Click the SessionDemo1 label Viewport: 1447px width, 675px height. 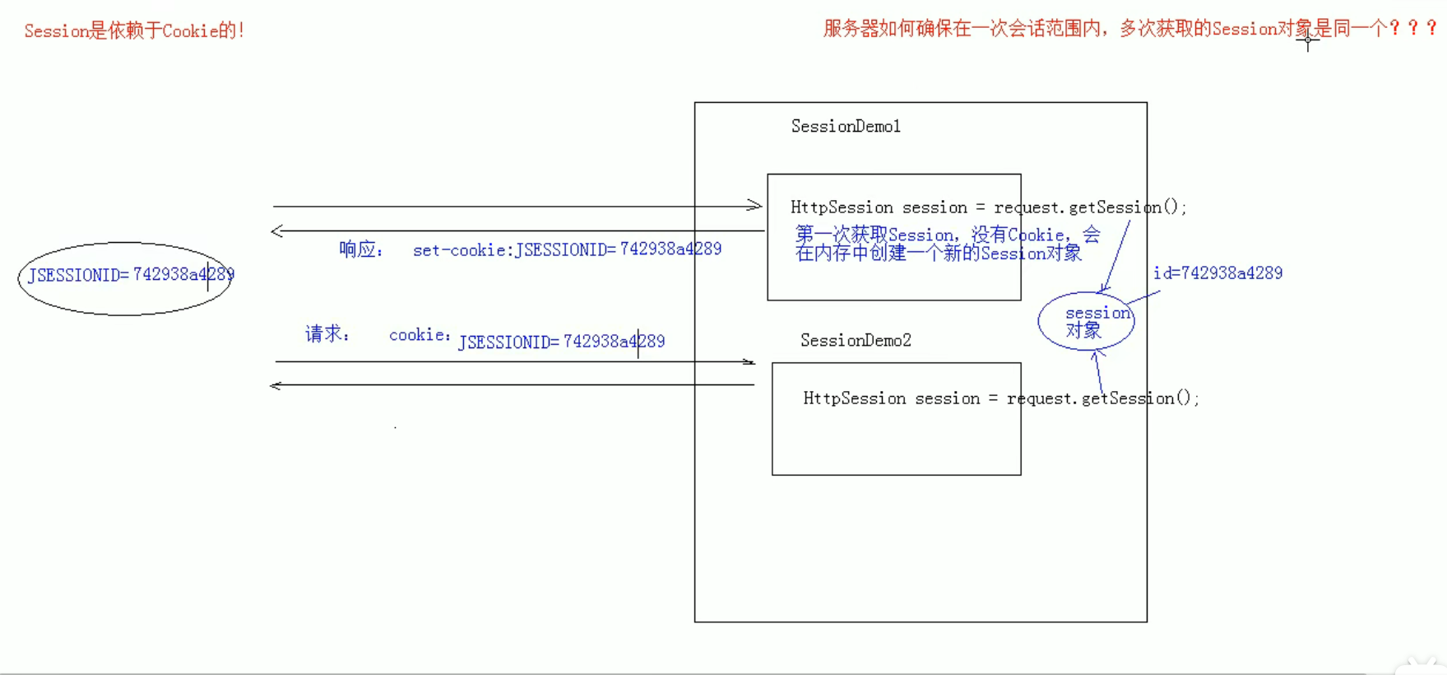click(x=846, y=126)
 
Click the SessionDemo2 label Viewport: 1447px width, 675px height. click(x=856, y=340)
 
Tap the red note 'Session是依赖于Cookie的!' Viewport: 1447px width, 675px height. click(x=134, y=31)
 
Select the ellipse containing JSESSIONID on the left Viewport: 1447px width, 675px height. click(x=125, y=278)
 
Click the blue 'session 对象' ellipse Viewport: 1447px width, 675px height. click(x=1086, y=321)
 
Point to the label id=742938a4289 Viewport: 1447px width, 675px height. click(x=1217, y=273)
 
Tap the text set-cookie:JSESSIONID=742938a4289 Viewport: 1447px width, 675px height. click(x=567, y=249)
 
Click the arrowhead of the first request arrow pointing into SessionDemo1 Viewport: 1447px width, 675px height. click(x=755, y=205)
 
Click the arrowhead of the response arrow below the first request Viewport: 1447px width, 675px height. click(x=277, y=231)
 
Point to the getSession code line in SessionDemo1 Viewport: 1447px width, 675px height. click(x=988, y=207)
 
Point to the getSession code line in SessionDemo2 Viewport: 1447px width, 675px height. click(x=1000, y=398)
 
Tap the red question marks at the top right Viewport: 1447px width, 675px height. click(x=1413, y=28)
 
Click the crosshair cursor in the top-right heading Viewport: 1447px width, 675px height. click(x=1307, y=40)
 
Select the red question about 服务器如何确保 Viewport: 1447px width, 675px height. click(x=1102, y=29)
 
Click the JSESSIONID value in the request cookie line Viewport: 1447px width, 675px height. click(x=561, y=342)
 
